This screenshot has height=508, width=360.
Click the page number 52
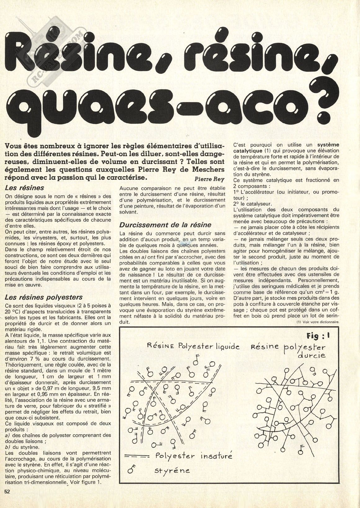coord(7,500)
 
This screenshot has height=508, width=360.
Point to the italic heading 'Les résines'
coord(25,188)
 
